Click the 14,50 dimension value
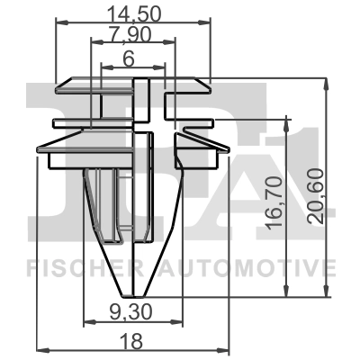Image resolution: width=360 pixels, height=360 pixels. [x=133, y=13]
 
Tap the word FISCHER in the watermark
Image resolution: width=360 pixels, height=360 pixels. [x=65, y=267]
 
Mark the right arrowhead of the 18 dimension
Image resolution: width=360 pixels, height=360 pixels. [x=224, y=348]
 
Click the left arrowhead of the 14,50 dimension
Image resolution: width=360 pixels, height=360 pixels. [x=60, y=23]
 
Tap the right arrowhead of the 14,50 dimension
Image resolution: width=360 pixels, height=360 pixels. [x=206, y=23]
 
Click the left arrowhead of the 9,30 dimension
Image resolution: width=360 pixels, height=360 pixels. [x=87, y=321]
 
